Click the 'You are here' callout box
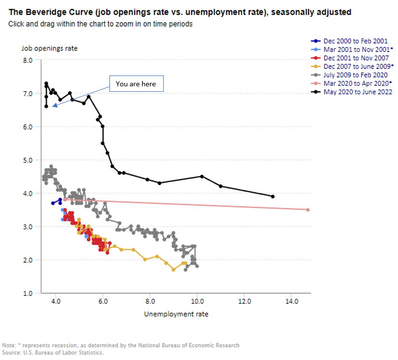137,83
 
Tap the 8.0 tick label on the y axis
28,61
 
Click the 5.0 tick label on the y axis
28,160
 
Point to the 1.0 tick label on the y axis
28,293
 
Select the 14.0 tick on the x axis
291,301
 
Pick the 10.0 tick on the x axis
197,301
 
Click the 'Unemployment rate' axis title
176,314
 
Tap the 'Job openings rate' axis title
49,48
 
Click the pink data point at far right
308,210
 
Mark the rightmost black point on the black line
273,196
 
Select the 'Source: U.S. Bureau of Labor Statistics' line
53,353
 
